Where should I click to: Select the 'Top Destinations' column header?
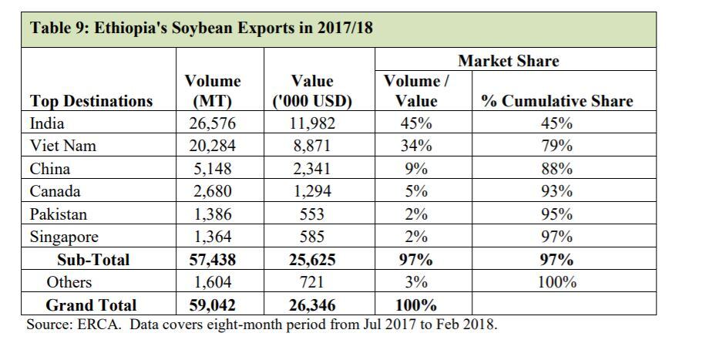coord(91,101)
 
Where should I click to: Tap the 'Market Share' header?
coord(508,61)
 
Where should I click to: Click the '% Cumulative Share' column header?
coord(556,101)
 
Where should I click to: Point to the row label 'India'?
coord(47,123)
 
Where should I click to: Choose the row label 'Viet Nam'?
coord(62,146)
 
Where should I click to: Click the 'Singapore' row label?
coord(66,237)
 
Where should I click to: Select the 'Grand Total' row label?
coord(91,304)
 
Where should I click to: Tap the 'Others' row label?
coord(69,282)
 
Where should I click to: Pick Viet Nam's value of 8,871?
coord(312,146)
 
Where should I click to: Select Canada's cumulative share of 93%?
coord(556,191)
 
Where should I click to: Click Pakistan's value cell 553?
coord(312,214)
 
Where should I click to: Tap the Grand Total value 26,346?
coord(312,304)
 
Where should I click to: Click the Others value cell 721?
coord(312,282)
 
